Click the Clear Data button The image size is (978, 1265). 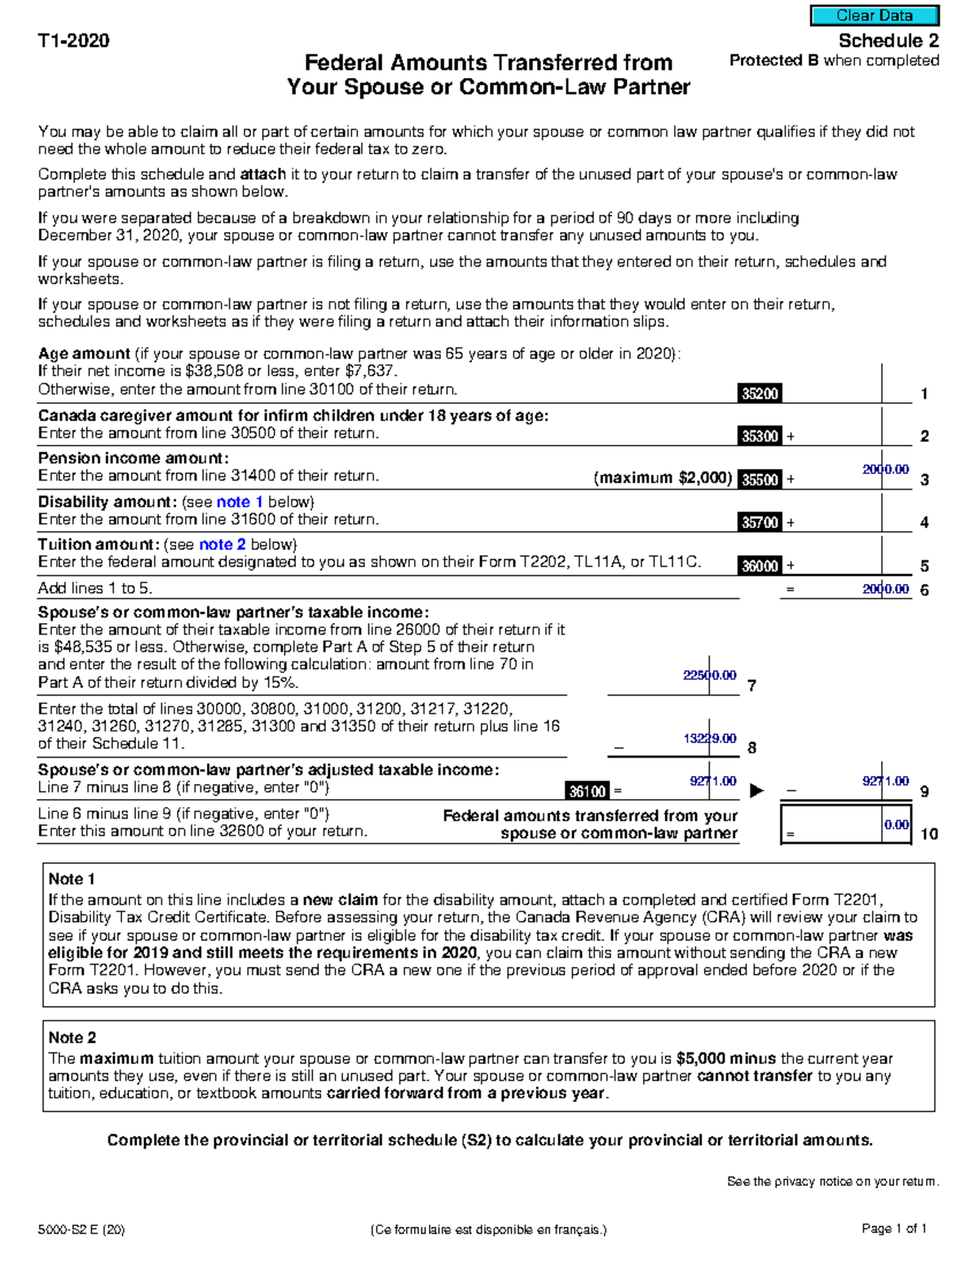pos(874,15)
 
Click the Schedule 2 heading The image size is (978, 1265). pos(888,41)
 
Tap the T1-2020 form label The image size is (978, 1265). pos(73,41)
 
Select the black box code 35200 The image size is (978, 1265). pos(760,393)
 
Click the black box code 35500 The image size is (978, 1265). pos(760,480)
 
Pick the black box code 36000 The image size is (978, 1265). pos(760,565)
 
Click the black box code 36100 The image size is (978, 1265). pos(587,791)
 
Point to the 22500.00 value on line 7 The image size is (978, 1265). pos(709,675)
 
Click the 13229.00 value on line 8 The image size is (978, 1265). pos(709,739)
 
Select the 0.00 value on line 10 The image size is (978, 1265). pos(896,825)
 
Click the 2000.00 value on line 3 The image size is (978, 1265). pos(885,469)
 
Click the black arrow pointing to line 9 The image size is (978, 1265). pos(756,790)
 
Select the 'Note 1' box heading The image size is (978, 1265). pos(72,879)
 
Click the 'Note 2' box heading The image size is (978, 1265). pos(72,1038)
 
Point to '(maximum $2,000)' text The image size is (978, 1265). pos(663,478)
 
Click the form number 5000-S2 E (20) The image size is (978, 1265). pos(81,1230)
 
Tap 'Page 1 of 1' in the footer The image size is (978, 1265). pos(894,1228)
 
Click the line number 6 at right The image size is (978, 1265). pos(924,590)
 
